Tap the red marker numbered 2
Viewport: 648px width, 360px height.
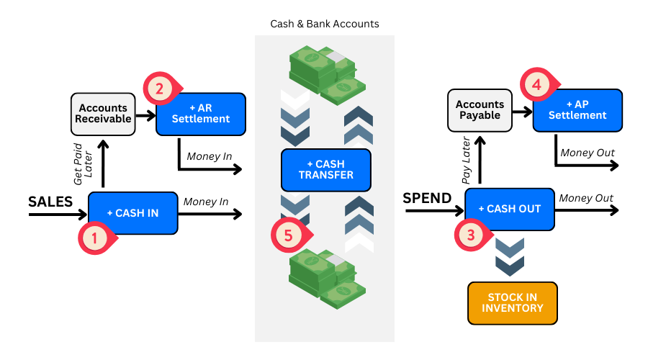pos(159,89)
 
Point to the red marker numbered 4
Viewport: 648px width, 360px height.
pos(536,84)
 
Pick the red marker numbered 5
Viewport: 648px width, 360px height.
pos(288,235)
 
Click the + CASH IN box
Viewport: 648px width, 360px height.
pos(133,212)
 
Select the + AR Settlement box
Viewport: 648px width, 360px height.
pos(202,114)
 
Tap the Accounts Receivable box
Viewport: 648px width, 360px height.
pos(103,114)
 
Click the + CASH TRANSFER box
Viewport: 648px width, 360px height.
pos(325,170)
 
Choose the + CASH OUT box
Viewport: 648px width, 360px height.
pos(510,209)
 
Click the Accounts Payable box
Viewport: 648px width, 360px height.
pos(480,110)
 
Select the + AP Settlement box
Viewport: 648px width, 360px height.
pos(577,109)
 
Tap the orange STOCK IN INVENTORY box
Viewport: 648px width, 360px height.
pos(513,303)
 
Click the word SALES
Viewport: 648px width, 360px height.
pos(50,202)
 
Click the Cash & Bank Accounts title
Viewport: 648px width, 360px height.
pos(325,24)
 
